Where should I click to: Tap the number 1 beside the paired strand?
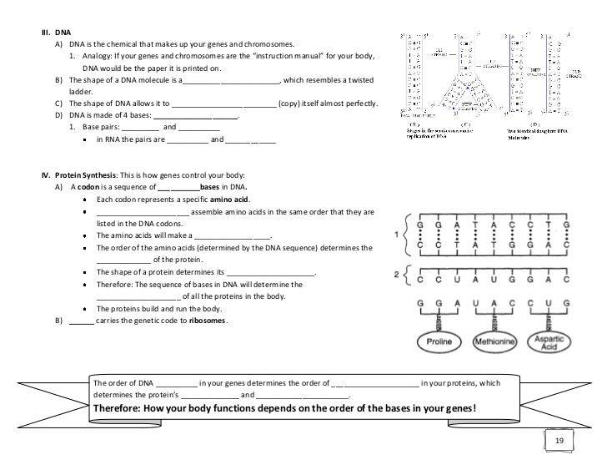pyautogui.click(x=397, y=236)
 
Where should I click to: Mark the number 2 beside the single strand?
pyautogui.click(x=397, y=275)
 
